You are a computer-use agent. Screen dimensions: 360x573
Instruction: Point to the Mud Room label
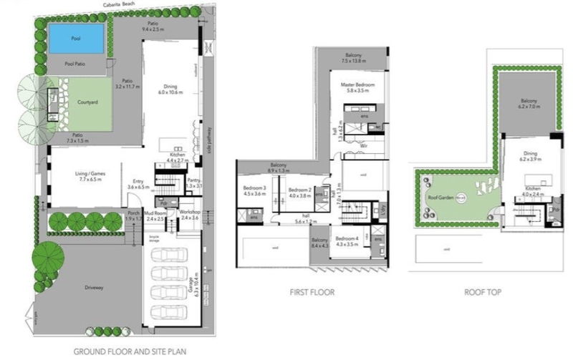(x=155, y=213)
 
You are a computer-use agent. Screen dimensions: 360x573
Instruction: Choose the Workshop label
(x=190, y=213)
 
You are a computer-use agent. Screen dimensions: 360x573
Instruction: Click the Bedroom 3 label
(x=254, y=188)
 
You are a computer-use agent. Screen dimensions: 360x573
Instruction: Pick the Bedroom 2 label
(x=299, y=189)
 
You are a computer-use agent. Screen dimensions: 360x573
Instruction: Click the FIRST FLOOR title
(x=312, y=292)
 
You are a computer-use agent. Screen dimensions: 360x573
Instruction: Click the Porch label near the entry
(x=133, y=213)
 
